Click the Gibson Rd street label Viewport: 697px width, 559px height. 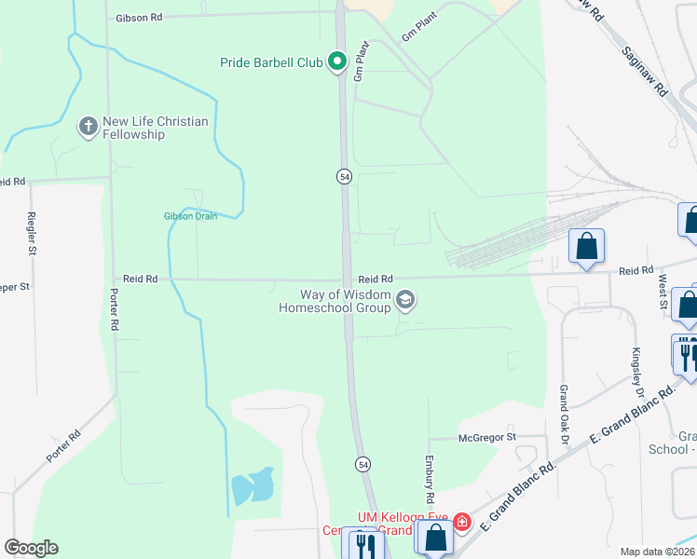139,18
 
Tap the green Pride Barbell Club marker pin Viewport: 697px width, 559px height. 337,62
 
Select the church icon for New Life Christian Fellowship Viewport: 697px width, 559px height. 89,127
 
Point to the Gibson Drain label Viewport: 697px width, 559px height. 190,216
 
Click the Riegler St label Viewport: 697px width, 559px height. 32,237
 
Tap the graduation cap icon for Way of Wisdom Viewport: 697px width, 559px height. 404,300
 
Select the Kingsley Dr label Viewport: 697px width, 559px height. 636,369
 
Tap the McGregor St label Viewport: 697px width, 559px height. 486,437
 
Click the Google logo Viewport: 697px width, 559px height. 31,548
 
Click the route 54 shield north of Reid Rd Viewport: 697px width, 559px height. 344,177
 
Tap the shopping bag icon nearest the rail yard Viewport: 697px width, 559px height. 586,248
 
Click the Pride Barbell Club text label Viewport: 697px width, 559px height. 271,62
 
